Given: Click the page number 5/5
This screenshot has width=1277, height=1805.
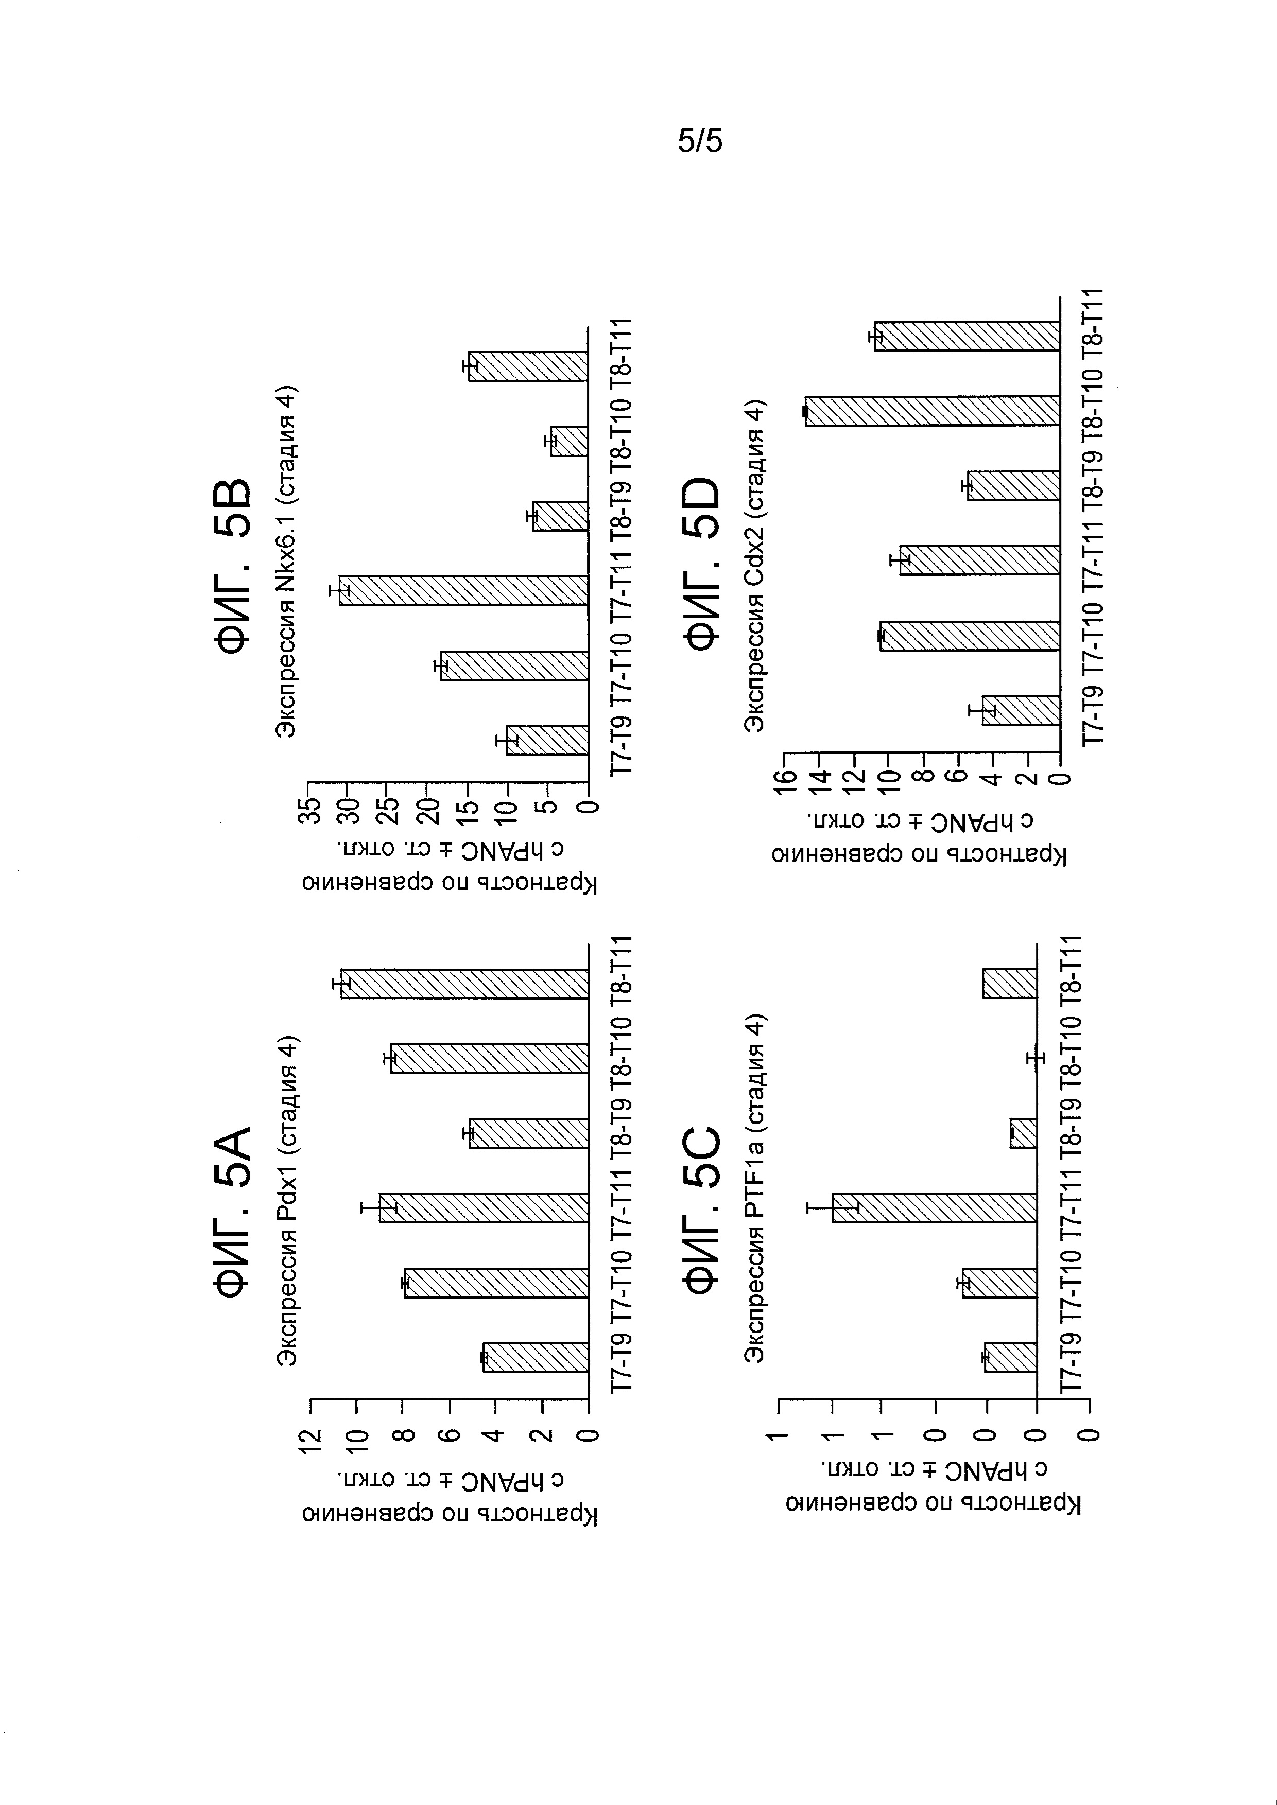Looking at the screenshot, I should pos(699,142).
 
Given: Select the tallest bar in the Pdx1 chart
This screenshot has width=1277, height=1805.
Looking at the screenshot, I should pos(464,984).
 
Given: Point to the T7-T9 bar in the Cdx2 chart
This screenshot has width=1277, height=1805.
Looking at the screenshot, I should pos(1021,710).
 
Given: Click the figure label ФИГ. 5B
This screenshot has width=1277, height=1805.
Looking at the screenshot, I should pos(234,565).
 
